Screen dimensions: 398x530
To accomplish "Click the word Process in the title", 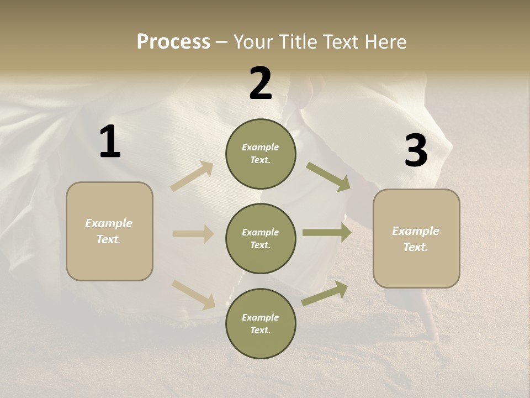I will tap(173, 41).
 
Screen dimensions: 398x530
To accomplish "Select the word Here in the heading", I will tap(385, 41).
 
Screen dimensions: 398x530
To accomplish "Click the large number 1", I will tap(110, 142).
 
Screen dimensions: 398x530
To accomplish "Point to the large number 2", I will tap(261, 83).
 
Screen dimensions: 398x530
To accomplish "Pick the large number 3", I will tap(416, 151).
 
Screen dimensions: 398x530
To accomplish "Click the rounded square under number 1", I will tap(109, 231).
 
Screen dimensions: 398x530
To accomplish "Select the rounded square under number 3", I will tap(416, 239).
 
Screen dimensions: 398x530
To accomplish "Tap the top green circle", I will tap(261, 154).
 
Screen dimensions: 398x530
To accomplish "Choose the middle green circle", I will tap(261, 238).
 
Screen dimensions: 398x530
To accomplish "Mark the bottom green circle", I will tap(261, 323).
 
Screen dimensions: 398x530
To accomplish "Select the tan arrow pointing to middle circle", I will tap(193, 234).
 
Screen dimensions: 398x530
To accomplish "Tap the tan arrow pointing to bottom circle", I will tap(193, 294).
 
